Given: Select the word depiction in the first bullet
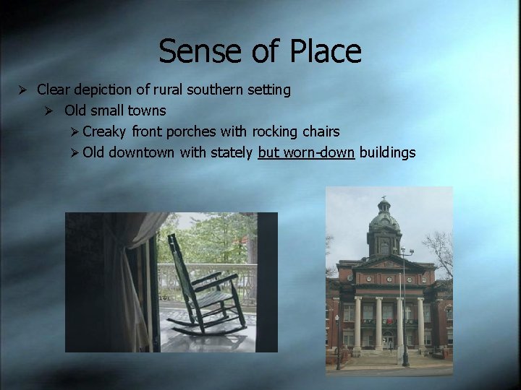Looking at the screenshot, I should (104, 90).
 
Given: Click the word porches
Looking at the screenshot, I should (192, 132).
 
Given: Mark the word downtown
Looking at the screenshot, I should (141, 153).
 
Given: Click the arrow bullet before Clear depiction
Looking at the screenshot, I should (23, 90).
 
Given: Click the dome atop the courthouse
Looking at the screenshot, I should (384, 217).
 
